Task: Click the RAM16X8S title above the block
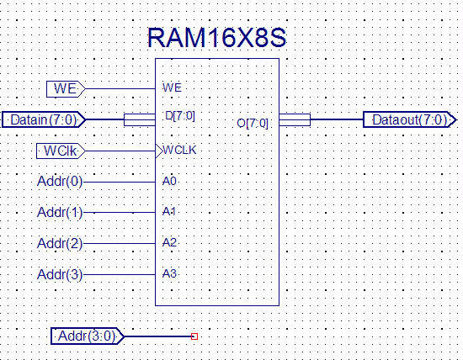point(216,38)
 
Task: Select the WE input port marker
point(66,89)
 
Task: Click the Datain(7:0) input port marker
point(44,119)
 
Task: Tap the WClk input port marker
point(61,151)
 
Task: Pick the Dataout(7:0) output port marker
point(410,119)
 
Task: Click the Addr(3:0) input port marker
point(88,336)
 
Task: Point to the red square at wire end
point(194,336)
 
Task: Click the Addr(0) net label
point(60,182)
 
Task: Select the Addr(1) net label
point(60,213)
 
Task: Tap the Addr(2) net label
point(60,243)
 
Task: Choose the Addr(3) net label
point(60,274)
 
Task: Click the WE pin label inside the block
point(172,87)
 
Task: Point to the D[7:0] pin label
point(180,116)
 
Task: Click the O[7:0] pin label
point(253,124)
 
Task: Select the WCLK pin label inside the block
point(179,151)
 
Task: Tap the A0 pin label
point(169,181)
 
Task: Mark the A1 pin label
point(169,212)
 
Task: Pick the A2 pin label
point(169,242)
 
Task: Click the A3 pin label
point(169,274)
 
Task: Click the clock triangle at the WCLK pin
point(159,151)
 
